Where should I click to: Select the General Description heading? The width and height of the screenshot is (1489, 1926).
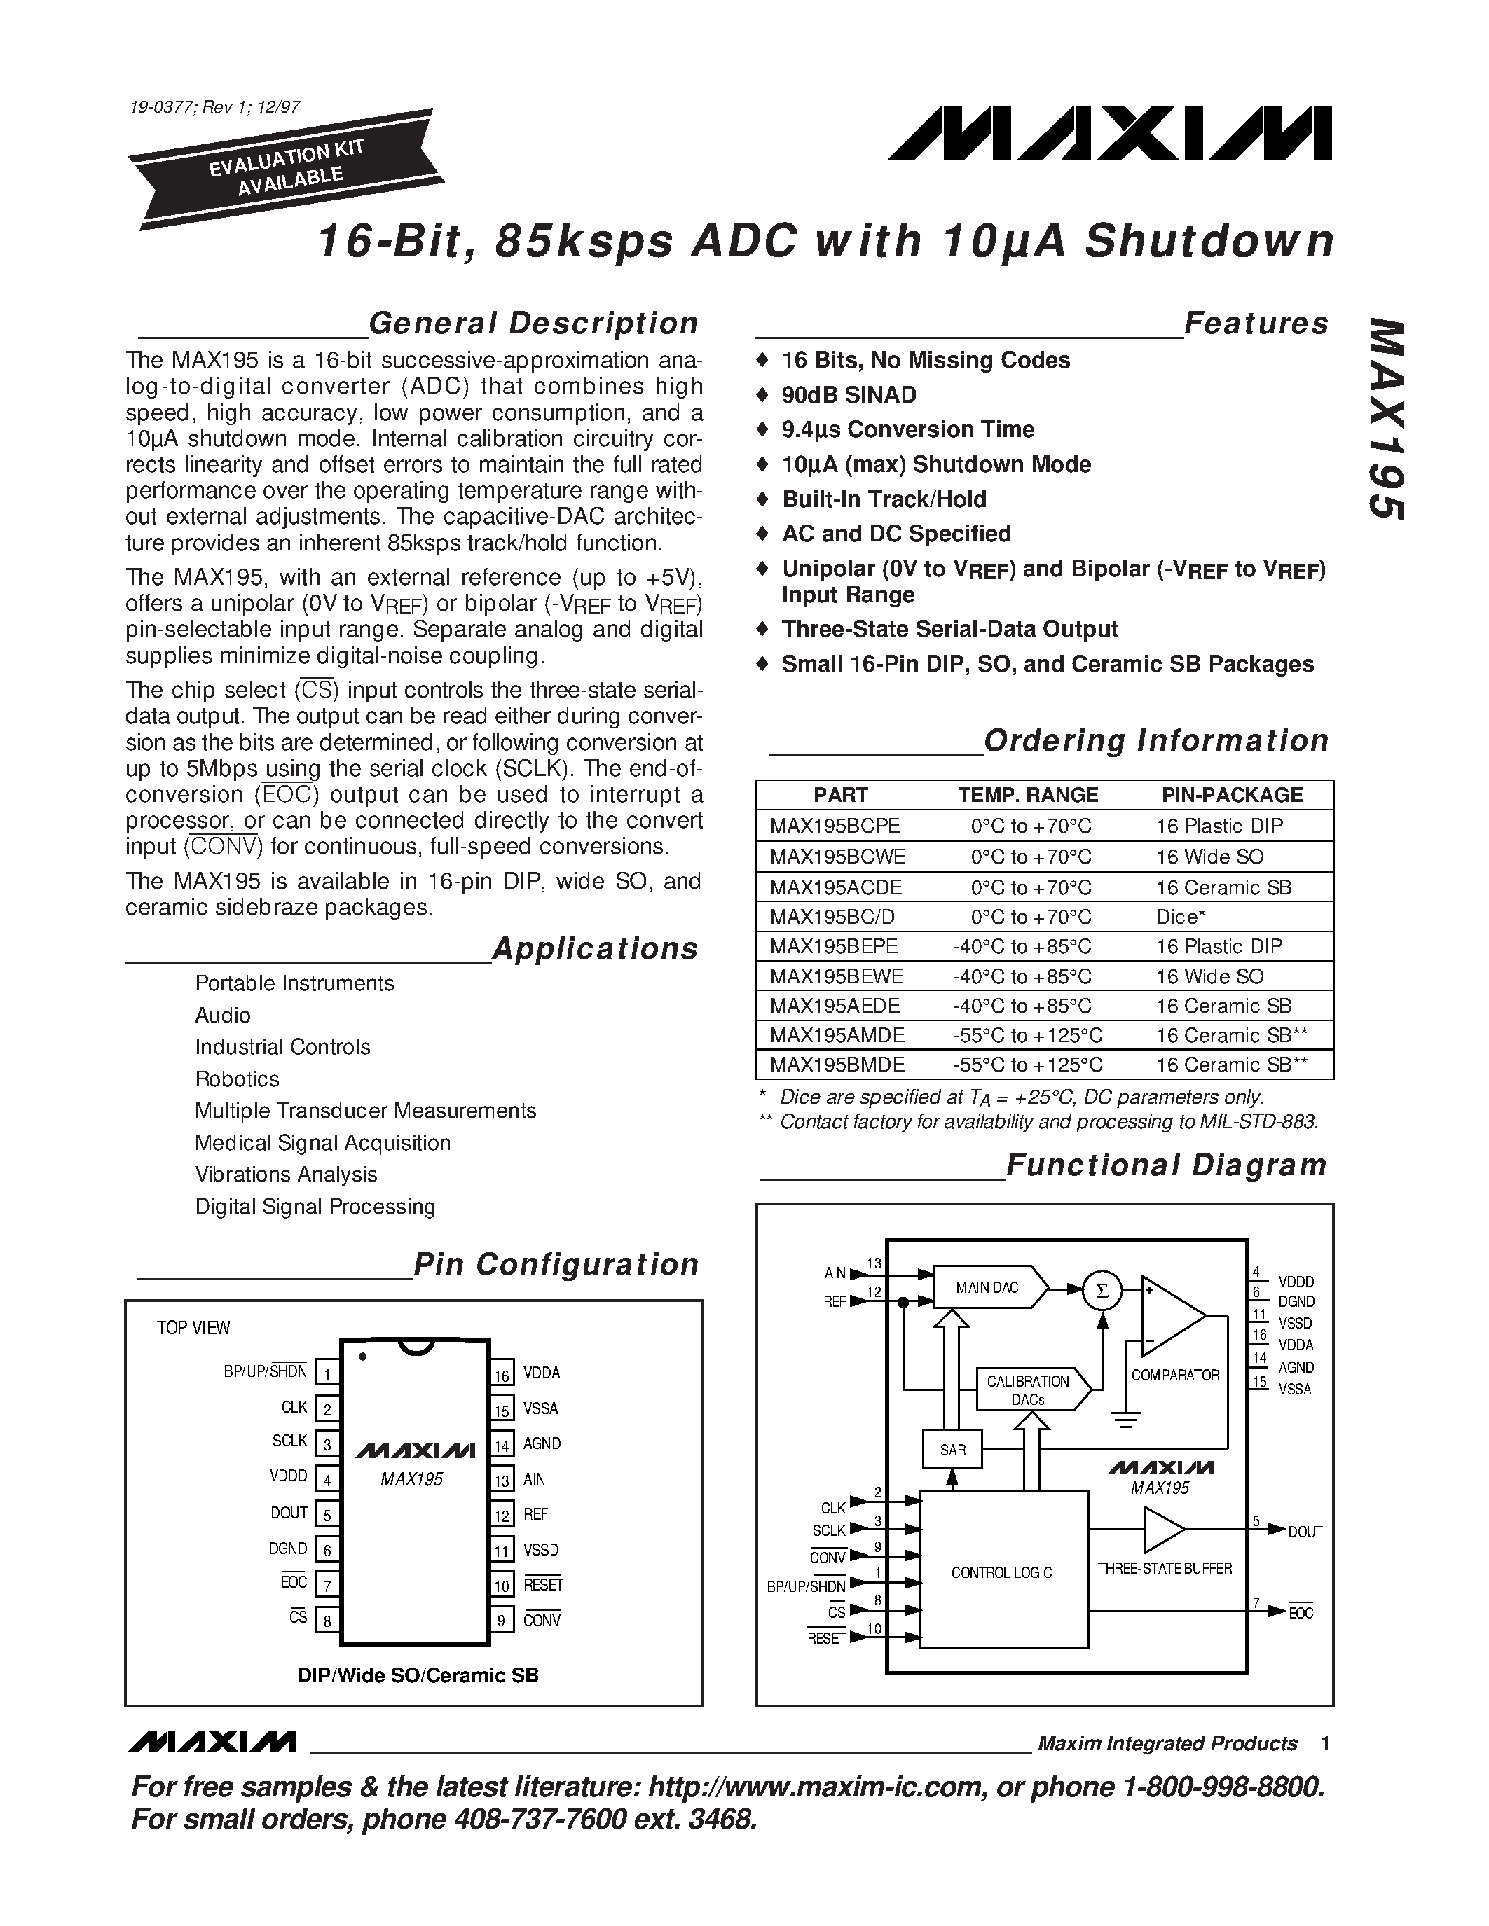tap(533, 324)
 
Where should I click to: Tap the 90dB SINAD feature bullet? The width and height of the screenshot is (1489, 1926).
tap(849, 395)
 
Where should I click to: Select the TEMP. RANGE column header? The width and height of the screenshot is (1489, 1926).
tap(1028, 795)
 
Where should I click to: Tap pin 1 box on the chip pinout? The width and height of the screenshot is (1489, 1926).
tap(327, 1374)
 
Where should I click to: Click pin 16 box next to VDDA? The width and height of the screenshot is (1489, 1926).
tap(502, 1374)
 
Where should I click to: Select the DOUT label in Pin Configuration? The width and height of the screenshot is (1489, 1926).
tap(289, 1513)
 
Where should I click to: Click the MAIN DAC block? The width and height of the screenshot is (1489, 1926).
tap(988, 1289)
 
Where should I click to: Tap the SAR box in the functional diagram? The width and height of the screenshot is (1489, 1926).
tap(953, 1449)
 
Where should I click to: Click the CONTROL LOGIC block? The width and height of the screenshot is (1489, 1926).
tap(1002, 1572)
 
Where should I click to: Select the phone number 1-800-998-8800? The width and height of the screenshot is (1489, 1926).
tap(1222, 1787)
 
